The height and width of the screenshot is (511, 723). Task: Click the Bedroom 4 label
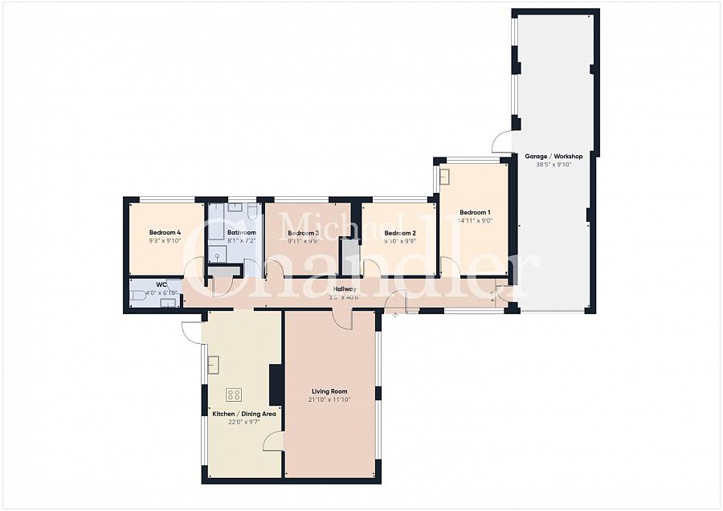pos(165,232)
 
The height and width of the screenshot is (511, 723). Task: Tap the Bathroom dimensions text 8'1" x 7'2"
pos(242,240)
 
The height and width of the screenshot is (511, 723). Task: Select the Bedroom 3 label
pos(304,232)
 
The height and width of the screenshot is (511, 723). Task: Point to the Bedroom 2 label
pos(399,232)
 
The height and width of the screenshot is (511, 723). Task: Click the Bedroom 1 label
pos(474,212)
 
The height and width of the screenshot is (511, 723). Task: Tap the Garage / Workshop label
pos(553,156)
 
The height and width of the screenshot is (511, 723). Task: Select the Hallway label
pos(343,288)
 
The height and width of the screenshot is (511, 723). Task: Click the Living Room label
pos(329,391)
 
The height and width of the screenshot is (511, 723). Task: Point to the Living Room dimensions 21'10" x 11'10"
pos(329,399)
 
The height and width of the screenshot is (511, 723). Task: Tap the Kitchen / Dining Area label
pos(244,414)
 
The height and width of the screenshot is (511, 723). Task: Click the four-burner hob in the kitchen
pos(234,394)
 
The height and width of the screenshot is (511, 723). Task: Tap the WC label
pos(161,284)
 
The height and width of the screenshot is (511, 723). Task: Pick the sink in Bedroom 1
pos(444,176)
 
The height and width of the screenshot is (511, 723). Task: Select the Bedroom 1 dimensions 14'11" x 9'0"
pos(474,220)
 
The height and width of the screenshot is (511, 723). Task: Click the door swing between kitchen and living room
pos(274,439)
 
